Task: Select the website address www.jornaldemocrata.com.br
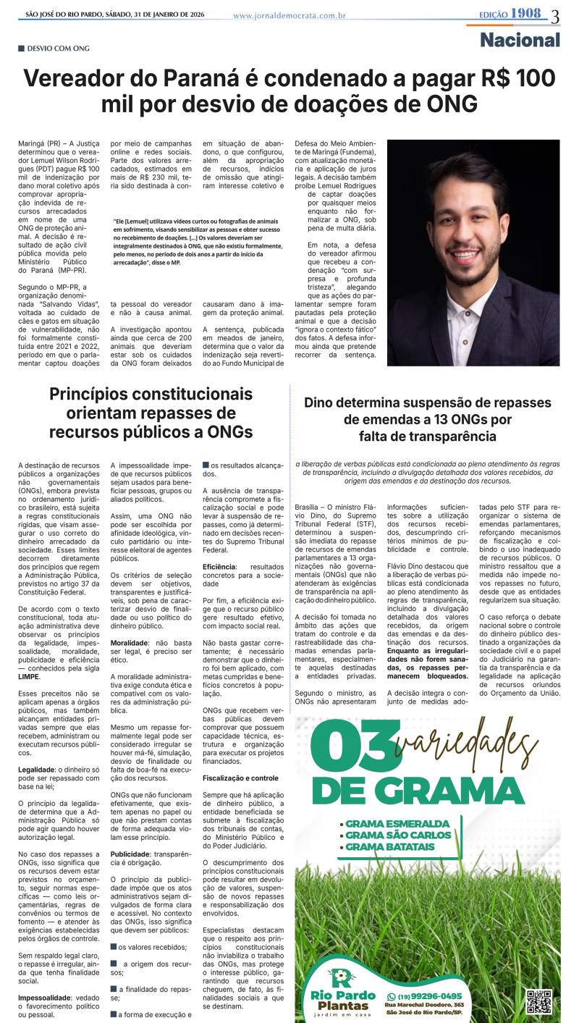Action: (x=289, y=15)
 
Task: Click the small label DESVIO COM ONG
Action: (x=58, y=49)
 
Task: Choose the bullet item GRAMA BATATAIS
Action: (x=392, y=846)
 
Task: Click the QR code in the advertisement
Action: (x=538, y=1001)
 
